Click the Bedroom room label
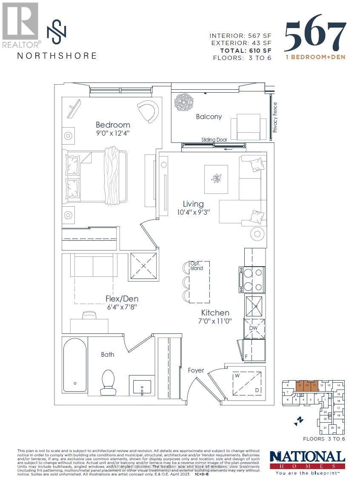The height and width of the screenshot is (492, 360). click(113, 125)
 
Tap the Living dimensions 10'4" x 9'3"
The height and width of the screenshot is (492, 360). click(193, 212)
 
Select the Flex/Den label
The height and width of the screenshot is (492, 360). click(122, 299)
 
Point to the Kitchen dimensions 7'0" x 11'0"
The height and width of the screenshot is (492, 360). click(215, 321)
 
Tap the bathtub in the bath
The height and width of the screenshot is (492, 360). click(75, 370)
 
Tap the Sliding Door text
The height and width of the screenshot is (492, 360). click(214, 139)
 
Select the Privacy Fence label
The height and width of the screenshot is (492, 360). click(275, 117)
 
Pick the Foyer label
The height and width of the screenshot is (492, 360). click(196, 370)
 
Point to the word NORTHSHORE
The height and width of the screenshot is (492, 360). click(57, 56)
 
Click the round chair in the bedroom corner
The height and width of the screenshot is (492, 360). click(148, 111)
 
